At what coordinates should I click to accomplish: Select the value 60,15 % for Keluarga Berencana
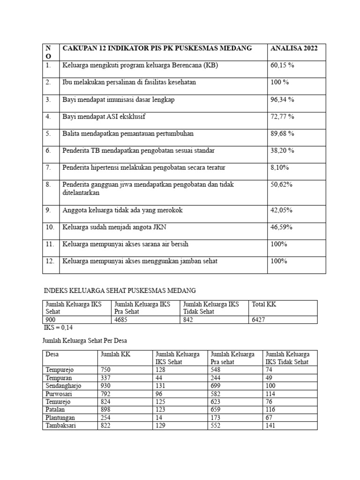282,66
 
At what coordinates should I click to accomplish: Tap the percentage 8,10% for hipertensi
280,167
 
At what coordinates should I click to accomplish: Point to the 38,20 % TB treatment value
282,150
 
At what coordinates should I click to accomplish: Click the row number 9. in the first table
48,210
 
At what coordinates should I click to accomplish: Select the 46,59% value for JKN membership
281,227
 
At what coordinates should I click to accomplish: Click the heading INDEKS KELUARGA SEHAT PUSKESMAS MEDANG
120,291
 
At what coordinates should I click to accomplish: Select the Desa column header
52,354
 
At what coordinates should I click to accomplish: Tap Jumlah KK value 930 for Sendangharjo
106,385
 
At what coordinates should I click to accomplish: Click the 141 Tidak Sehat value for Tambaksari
271,426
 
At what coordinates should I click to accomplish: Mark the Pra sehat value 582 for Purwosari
217,394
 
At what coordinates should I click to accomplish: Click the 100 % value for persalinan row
280,82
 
